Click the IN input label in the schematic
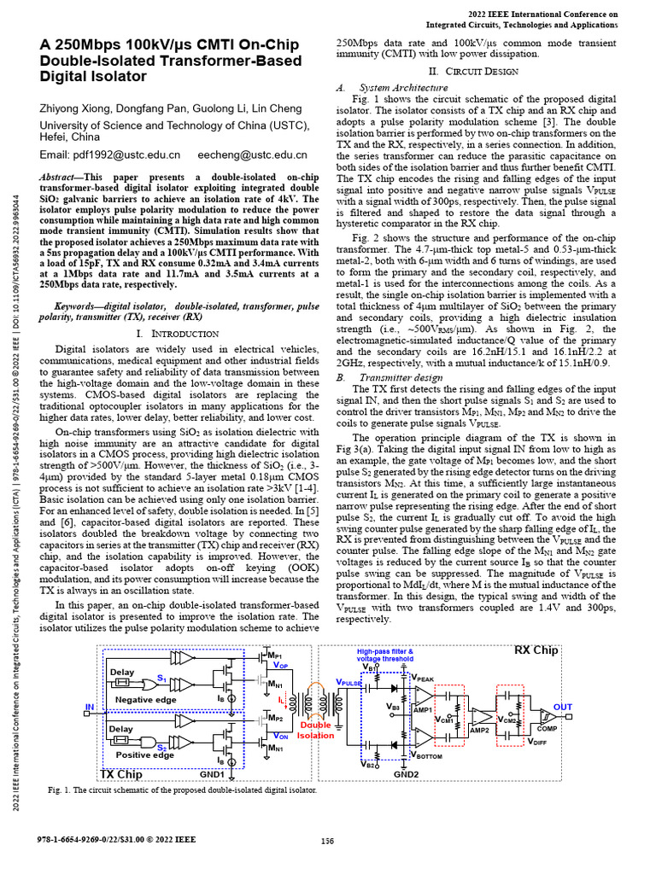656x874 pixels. [89, 707]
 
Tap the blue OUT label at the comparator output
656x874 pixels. [563, 708]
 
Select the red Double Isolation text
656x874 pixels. [315, 731]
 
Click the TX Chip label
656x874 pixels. [120, 773]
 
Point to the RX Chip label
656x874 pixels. [536, 651]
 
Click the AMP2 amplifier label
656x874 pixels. [480, 730]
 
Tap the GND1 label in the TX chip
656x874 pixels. [212, 774]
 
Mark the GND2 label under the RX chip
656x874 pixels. [406, 774]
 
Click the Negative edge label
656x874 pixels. [144, 699]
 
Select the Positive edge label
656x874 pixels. [144, 755]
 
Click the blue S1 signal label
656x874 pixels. [161, 677]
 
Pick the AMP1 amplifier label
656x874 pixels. [423, 710]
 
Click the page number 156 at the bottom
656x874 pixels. [327, 841]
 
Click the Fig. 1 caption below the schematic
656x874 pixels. [182, 790]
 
